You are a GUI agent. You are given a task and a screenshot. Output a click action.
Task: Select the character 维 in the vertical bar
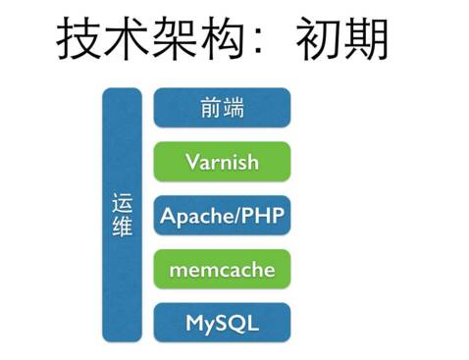click(123, 228)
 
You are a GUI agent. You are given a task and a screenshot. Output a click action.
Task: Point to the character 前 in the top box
click(210, 108)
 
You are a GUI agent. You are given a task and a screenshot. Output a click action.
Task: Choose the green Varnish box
click(222, 162)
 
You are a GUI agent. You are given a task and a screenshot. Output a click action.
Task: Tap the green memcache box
click(222, 269)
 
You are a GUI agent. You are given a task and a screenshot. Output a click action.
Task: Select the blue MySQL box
click(222, 323)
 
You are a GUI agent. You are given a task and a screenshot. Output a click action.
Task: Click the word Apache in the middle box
click(190, 216)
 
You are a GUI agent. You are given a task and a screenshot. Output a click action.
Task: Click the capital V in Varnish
click(191, 162)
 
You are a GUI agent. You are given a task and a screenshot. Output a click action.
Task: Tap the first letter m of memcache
click(178, 270)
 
